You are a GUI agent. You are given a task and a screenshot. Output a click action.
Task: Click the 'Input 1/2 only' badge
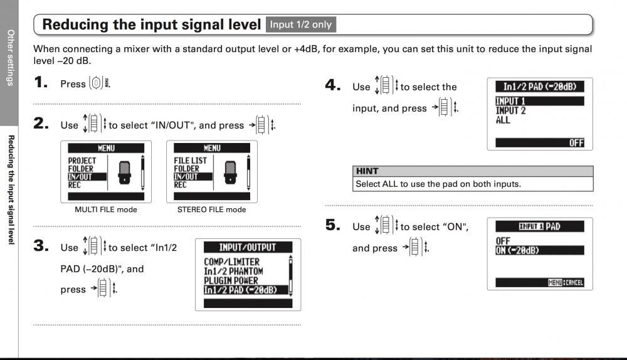click(301, 24)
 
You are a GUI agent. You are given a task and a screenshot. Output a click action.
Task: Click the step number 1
click(41, 82)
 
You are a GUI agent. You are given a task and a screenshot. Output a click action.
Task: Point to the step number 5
click(333, 225)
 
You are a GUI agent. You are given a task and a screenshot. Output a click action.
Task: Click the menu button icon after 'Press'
click(96, 83)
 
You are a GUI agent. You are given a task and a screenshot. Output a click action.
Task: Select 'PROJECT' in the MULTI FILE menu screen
click(82, 161)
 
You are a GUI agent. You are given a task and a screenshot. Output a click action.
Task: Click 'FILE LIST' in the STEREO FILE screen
click(191, 161)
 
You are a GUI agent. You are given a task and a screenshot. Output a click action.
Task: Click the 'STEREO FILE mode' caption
click(211, 209)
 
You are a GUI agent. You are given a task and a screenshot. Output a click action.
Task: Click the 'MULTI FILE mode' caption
click(106, 209)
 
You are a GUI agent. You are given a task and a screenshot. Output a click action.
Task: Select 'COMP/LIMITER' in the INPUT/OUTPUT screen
click(232, 262)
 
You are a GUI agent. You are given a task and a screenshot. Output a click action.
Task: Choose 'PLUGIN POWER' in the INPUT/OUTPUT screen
click(231, 280)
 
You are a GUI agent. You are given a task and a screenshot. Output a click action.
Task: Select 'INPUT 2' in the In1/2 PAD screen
click(510, 111)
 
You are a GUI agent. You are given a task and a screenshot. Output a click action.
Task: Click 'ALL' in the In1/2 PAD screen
click(503, 120)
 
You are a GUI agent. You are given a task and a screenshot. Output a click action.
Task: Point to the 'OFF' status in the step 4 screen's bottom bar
click(576, 143)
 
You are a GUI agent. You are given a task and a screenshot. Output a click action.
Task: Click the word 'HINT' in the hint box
click(367, 171)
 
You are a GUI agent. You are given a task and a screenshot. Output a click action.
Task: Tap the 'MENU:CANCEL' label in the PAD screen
click(566, 283)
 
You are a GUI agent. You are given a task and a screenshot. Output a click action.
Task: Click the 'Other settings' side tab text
click(11, 58)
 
